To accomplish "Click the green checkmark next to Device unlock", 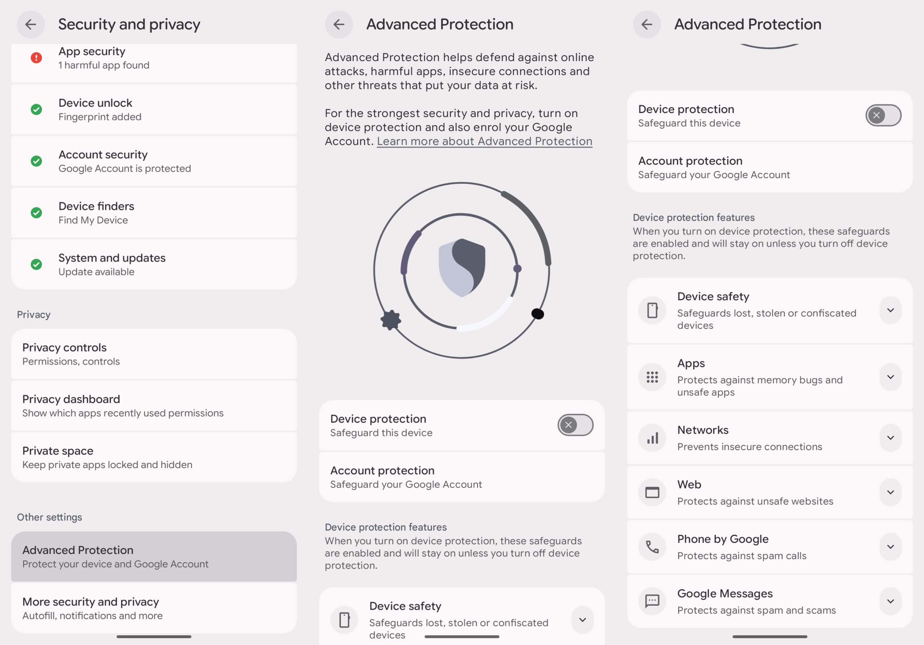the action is click(36, 109).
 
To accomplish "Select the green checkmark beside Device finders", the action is click(36, 213).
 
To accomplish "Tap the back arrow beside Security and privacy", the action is click(31, 25).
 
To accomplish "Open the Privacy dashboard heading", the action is click(71, 399).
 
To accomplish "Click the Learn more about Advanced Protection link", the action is click(484, 141).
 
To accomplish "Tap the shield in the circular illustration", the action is click(462, 267).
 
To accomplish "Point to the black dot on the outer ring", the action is click(538, 313).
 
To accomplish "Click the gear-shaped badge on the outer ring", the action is click(391, 320).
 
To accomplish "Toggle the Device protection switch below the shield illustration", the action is click(575, 425).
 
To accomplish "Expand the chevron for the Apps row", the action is click(890, 377).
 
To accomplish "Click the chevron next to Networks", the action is click(890, 438).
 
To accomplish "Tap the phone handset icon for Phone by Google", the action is click(652, 547).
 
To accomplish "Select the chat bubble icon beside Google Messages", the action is click(652, 601).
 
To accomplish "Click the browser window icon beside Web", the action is click(652, 492).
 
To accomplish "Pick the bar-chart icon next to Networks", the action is click(652, 438).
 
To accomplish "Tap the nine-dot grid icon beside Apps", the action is click(652, 377).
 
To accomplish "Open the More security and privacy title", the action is click(91, 602).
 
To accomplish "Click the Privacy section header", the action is click(34, 315).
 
